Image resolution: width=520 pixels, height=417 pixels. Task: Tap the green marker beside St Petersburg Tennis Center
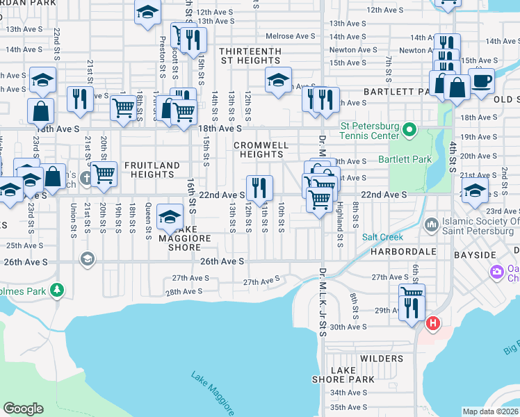(410, 129)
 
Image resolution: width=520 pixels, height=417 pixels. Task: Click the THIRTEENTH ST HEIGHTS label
(250, 56)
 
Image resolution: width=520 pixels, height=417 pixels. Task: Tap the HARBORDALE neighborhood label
(393, 251)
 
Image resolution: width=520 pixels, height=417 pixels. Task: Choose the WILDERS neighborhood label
(382, 359)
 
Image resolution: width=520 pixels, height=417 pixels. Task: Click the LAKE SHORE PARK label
(352, 375)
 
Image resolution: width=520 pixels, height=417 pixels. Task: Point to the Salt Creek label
(378, 237)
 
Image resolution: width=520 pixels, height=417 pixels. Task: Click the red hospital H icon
(433, 323)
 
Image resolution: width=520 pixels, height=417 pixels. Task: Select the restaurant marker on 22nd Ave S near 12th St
(259, 188)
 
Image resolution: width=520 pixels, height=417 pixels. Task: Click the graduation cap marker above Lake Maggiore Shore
(170, 218)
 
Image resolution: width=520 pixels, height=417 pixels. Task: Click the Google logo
(23, 409)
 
